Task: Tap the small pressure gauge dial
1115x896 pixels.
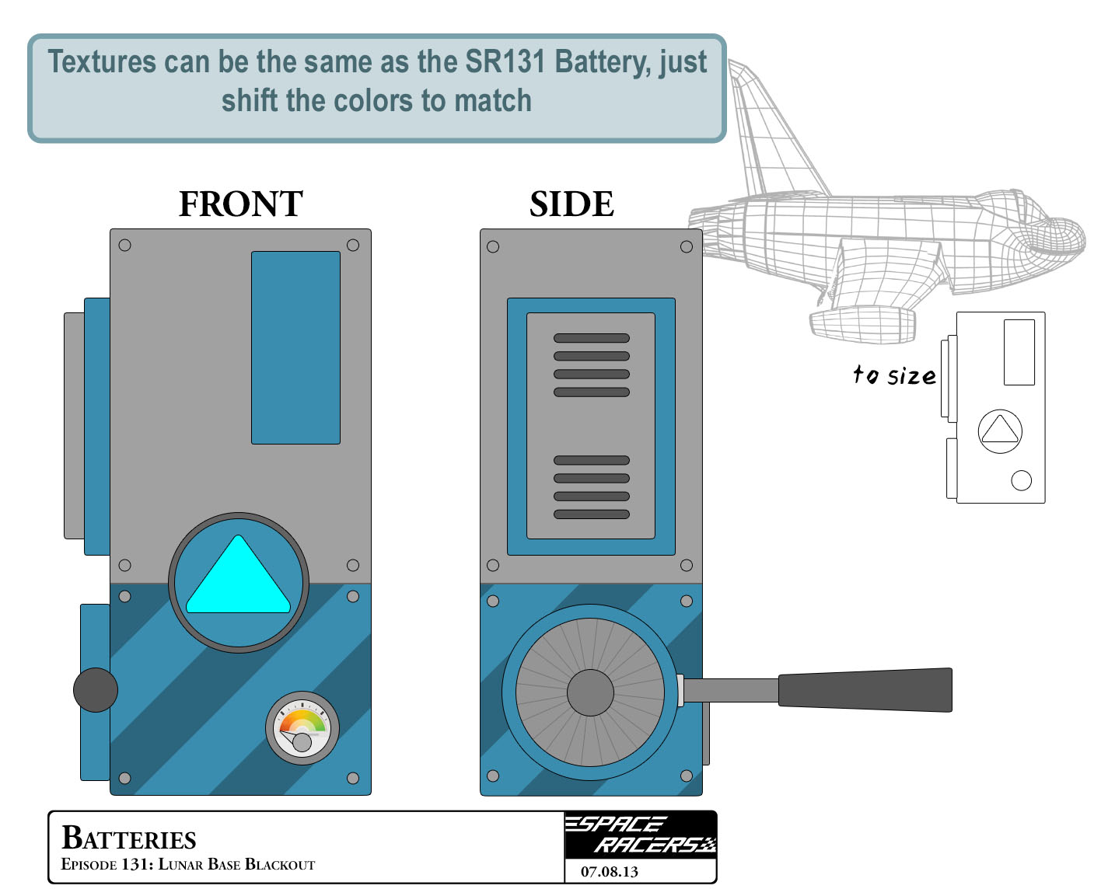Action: click(302, 728)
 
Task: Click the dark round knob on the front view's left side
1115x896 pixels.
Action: click(96, 689)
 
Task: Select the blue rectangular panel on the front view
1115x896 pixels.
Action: click(295, 347)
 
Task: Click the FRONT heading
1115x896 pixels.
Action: click(240, 204)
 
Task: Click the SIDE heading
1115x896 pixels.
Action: click(571, 204)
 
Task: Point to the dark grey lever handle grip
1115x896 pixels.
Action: click(865, 690)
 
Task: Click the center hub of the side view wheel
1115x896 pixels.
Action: click(590, 692)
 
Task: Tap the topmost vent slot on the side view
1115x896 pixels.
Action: click(591, 338)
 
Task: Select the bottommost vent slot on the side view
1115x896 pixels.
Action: click(591, 514)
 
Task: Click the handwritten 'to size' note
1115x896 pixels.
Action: click(894, 376)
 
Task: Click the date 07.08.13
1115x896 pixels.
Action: click(609, 872)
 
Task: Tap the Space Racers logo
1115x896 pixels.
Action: click(640, 835)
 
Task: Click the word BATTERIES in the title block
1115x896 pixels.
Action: click(129, 838)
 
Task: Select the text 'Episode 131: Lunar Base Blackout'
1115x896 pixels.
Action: click(188, 865)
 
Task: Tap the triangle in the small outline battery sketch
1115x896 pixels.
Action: click(1000, 432)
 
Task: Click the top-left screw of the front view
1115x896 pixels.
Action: click(124, 246)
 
